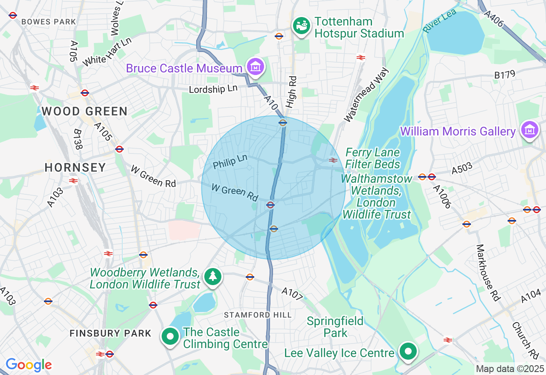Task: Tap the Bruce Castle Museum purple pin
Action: click(x=255, y=67)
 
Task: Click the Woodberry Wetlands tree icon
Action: click(x=212, y=277)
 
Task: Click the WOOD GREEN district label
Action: click(x=84, y=112)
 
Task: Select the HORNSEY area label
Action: click(x=75, y=167)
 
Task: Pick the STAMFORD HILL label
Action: click(x=258, y=315)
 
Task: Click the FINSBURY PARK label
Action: click(x=110, y=333)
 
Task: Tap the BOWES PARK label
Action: click(x=49, y=22)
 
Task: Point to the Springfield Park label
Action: click(x=335, y=327)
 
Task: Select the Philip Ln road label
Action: click(x=230, y=161)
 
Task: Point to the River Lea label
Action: click(x=439, y=20)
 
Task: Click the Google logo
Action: click(x=29, y=365)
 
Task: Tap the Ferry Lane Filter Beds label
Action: click(x=372, y=158)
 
